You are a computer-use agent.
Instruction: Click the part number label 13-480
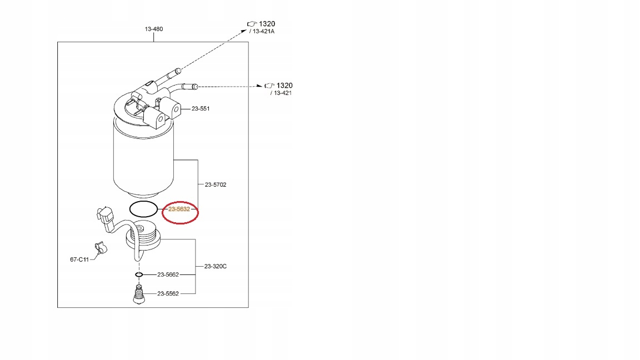click(x=154, y=29)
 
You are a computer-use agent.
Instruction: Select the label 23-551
click(x=201, y=109)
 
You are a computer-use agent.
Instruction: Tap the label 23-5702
click(x=216, y=184)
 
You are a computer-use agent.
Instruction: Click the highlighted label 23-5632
click(x=179, y=209)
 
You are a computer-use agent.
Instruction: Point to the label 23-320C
click(x=216, y=266)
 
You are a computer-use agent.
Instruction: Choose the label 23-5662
click(x=168, y=274)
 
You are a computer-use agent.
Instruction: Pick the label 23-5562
click(x=168, y=293)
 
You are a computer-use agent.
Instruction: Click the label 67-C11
click(x=79, y=259)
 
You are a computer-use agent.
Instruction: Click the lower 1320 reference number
click(x=284, y=86)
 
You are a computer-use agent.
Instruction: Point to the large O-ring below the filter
click(x=143, y=209)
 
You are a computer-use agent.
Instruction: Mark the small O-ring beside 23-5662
click(x=139, y=274)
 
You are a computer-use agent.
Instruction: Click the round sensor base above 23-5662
click(x=143, y=236)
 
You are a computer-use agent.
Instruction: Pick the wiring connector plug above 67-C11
click(x=105, y=218)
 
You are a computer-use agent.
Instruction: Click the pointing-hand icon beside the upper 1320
click(x=252, y=23)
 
